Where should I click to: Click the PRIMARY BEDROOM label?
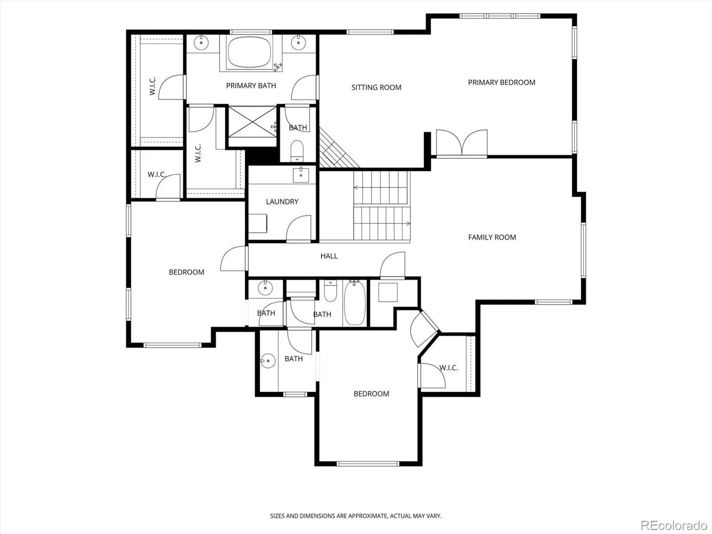(x=502, y=82)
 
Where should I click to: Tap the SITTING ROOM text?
(x=376, y=87)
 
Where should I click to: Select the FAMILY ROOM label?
(x=492, y=237)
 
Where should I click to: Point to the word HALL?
(x=329, y=256)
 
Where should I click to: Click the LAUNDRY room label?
(x=282, y=202)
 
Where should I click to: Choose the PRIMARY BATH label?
(x=251, y=85)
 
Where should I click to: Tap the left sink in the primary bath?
(x=201, y=43)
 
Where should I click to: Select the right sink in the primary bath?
(x=298, y=43)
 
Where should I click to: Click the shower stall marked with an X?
(x=252, y=122)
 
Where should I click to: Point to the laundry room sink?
(x=301, y=175)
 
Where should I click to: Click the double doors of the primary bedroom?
(x=461, y=143)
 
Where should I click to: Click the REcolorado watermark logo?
(x=674, y=525)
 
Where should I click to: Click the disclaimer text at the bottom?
(x=356, y=516)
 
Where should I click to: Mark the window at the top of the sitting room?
(x=370, y=32)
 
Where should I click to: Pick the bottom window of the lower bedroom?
(x=368, y=464)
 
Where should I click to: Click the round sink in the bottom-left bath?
(x=268, y=361)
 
